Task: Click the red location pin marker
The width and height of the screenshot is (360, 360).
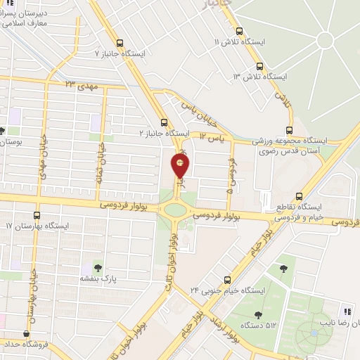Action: point(181,166)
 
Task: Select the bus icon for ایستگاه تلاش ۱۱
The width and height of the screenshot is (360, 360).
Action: point(240,31)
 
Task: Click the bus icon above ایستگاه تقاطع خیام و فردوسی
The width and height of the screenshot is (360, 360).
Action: point(300,196)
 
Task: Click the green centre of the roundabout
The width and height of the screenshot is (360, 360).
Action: point(173,209)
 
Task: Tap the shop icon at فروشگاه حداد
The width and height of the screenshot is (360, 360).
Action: point(27,334)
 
